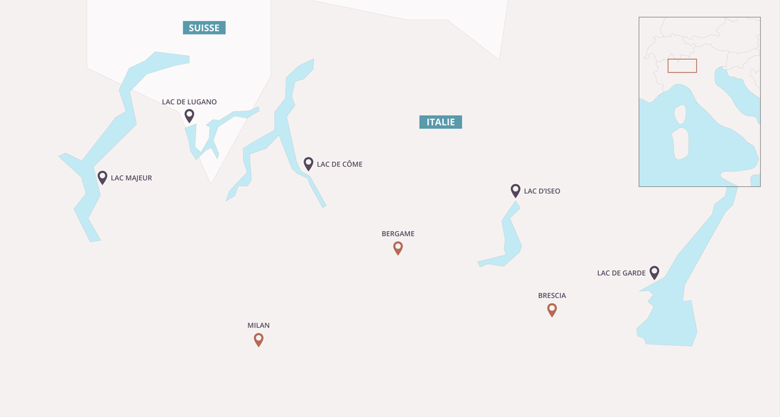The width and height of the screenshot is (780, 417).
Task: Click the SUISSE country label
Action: coord(204,27)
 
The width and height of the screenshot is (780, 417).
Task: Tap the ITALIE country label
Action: coord(441,122)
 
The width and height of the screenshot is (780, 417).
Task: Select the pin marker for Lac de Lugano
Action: coord(189,115)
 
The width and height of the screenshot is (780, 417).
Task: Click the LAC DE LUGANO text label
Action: coord(189,101)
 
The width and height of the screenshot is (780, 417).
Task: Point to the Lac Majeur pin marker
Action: coord(102,177)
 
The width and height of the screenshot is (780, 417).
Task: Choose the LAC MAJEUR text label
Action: coord(131,178)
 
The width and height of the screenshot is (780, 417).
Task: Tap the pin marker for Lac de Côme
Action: coord(309,163)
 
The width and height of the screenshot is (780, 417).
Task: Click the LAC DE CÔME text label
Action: coord(339,164)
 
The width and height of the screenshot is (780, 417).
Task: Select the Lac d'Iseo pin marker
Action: coord(515,190)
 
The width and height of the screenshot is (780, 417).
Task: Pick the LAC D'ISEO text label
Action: coord(542,191)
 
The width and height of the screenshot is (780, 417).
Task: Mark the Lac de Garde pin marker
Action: coord(655,273)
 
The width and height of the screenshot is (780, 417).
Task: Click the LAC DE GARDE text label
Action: coord(621,273)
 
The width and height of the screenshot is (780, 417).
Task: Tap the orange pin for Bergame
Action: coord(398,247)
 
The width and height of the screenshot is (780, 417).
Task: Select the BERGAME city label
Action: coord(398,234)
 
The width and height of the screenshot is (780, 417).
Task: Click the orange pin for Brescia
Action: coord(552,310)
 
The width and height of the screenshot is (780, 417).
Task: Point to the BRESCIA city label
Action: coord(552,295)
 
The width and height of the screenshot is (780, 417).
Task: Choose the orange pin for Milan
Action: coord(259,339)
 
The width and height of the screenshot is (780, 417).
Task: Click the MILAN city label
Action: coord(259,325)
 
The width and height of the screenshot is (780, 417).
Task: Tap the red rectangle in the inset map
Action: coord(682,66)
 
